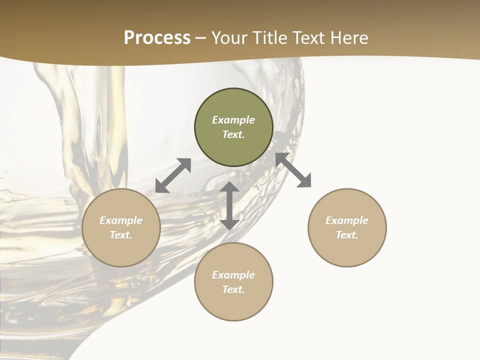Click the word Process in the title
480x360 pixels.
tap(157, 38)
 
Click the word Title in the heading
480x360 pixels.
tap(269, 38)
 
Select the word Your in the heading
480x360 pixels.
tap(230, 38)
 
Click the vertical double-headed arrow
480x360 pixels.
tap(229, 205)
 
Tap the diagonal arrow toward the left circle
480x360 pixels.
tap(173, 175)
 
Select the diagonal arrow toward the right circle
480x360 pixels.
tap(293, 170)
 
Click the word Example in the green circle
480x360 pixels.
tap(233, 120)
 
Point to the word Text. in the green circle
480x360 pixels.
tap(233, 134)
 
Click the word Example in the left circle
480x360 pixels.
tap(121, 220)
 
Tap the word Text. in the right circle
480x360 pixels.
tap(347, 235)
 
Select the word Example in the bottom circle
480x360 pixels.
tap(233, 275)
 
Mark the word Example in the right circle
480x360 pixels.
tap(347, 220)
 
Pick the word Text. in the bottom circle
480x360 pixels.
tap(233, 289)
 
